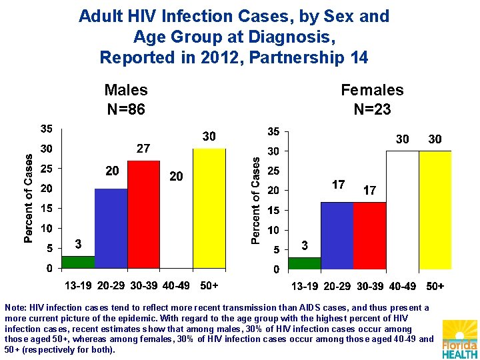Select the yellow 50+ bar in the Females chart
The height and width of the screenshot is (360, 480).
tap(435, 210)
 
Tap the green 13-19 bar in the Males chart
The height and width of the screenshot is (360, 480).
tap(78, 262)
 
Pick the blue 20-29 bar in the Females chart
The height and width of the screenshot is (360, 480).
tap(337, 236)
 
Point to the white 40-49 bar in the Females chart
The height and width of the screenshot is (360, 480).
tap(403, 210)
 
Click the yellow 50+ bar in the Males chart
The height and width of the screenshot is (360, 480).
tap(209, 208)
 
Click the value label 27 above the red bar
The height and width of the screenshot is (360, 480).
tap(143, 149)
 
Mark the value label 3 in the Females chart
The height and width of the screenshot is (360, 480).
tap(305, 246)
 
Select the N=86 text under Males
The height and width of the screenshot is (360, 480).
tap(126, 109)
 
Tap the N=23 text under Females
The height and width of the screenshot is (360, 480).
tap(372, 109)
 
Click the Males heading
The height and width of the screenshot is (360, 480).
tap(126, 90)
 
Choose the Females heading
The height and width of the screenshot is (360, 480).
tap(372, 90)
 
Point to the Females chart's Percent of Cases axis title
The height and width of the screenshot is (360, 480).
tap(255, 200)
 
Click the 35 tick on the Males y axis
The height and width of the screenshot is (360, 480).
tap(47, 128)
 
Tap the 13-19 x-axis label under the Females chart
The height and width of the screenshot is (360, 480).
tap(305, 287)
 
